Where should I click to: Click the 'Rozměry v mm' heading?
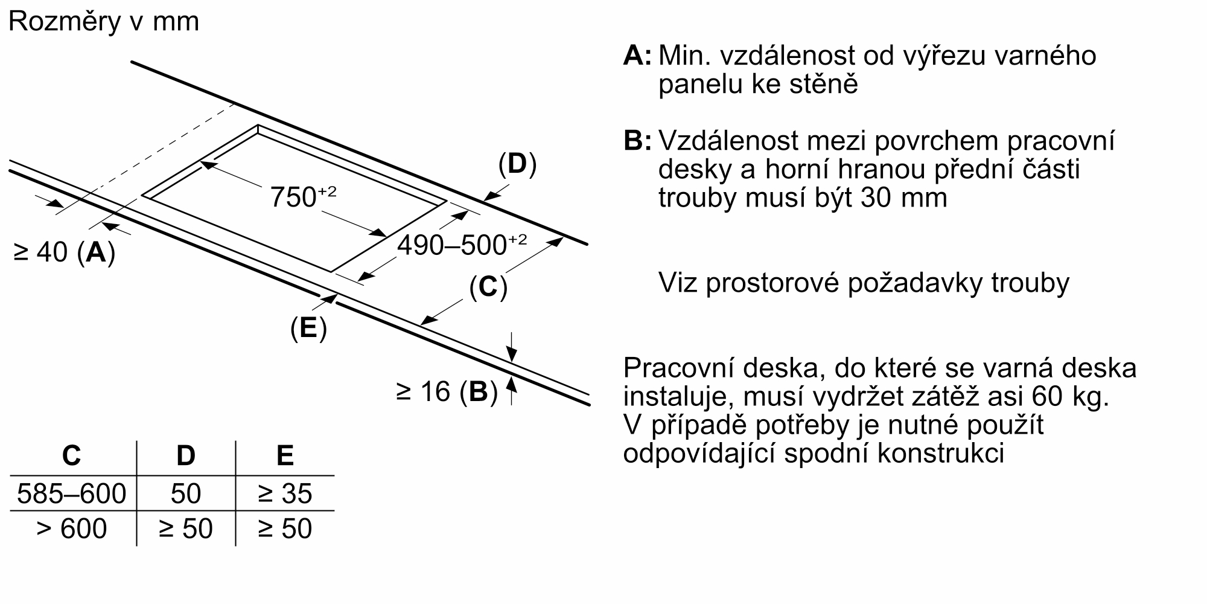(104, 22)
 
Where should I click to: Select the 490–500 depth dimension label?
(461, 245)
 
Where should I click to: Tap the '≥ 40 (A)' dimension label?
(64, 252)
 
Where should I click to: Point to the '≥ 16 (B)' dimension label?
(447, 392)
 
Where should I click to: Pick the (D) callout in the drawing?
(517, 164)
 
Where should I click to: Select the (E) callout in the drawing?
(308, 328)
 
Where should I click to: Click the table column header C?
(72, 455)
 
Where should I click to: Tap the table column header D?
(185, 455)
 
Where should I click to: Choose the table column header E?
(284, 455)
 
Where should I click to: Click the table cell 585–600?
(72, 493)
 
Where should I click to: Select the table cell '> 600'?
(72, 528)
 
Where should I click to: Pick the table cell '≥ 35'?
(284, 493)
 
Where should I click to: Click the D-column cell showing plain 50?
(185, 493)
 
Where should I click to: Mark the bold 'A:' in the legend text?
(637, 56)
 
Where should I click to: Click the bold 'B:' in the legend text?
(637, 141)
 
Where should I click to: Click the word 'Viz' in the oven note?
(677, 283)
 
